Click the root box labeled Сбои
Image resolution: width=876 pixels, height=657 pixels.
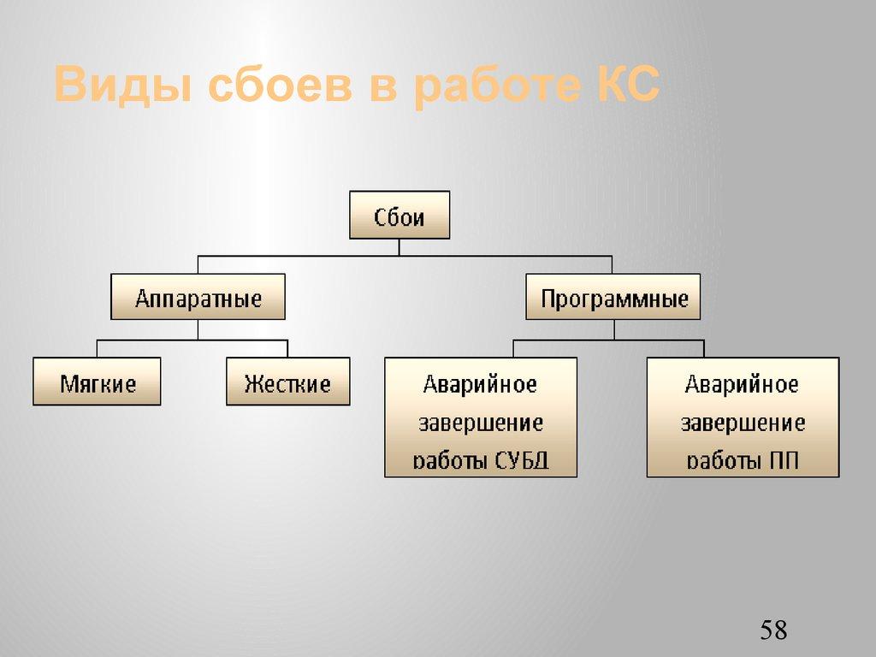tap(399, 215)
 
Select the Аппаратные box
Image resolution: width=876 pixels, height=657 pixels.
tap(198, 297)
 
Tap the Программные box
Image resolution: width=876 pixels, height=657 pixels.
tap(613, 297)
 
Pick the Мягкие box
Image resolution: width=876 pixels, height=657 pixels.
tap(97, 382)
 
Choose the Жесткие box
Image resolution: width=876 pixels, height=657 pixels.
tap(287, 382)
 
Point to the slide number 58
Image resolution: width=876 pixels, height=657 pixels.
tap(772, 631)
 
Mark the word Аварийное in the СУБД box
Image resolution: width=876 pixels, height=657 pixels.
tap(480, 384)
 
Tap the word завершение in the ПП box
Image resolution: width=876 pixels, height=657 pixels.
tap(743, 423)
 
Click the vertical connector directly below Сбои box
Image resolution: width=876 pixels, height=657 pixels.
tap(399, 246)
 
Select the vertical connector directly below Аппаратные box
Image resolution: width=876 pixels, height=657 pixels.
tap(198, 329)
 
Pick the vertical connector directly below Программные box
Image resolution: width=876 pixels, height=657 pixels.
tap(613, 329)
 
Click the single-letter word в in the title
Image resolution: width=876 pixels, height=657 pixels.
tap(382, 86)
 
